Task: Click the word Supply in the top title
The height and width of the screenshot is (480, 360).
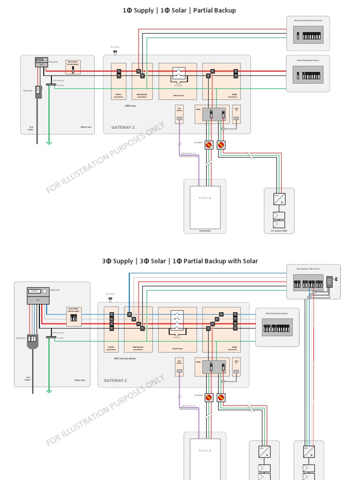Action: pyautogui.click(x=143, y=10)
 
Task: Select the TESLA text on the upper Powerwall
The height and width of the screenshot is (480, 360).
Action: pyautogui.click(x=205, y=198)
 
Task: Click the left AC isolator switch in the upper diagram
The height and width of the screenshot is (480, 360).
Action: pyautogui.click(x=209, y=145)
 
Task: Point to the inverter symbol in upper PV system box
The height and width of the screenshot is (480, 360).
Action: pyautogui.click(x=278, y=199)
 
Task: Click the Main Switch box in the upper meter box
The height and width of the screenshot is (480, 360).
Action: pyautogui.click(x=73, y=67)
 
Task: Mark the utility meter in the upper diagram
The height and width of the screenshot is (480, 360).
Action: pyautogui.click(x=41, y=62)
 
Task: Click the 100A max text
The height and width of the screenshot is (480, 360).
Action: pyautogui.click(x=130, y=106)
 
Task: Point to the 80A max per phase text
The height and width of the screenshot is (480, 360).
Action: pyautogui.click(x=124, y=358)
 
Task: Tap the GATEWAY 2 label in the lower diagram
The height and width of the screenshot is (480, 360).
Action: pyautogui.click(x=115, y=380)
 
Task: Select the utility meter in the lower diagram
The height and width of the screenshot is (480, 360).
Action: pyautogui.click(x=38, y=295)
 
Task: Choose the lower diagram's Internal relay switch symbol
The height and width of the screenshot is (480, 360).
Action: pyautogui.click(x=177, y=322)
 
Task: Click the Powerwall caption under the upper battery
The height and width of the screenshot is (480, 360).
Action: pyautogui.click(x=205, y=231)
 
